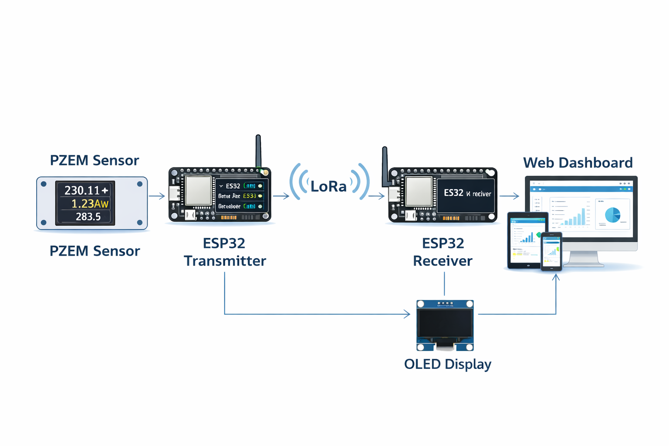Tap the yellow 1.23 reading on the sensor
(89, 203)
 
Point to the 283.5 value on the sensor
(88, 216)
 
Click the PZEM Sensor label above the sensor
(95, 160)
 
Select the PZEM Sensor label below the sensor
(95, 251)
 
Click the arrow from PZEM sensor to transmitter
(157, 196)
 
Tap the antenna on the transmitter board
(258, 151)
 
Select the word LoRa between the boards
(328, 186)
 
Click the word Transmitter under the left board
(225, 261)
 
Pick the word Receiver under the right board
(443, 261)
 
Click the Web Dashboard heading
(578, 162)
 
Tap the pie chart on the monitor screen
(612, 215)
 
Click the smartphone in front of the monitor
(551, 251)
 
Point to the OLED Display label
(447, 364)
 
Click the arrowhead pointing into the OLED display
(407, 314)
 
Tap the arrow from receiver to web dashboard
(509, 196)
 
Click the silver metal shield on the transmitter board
(199, 190)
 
